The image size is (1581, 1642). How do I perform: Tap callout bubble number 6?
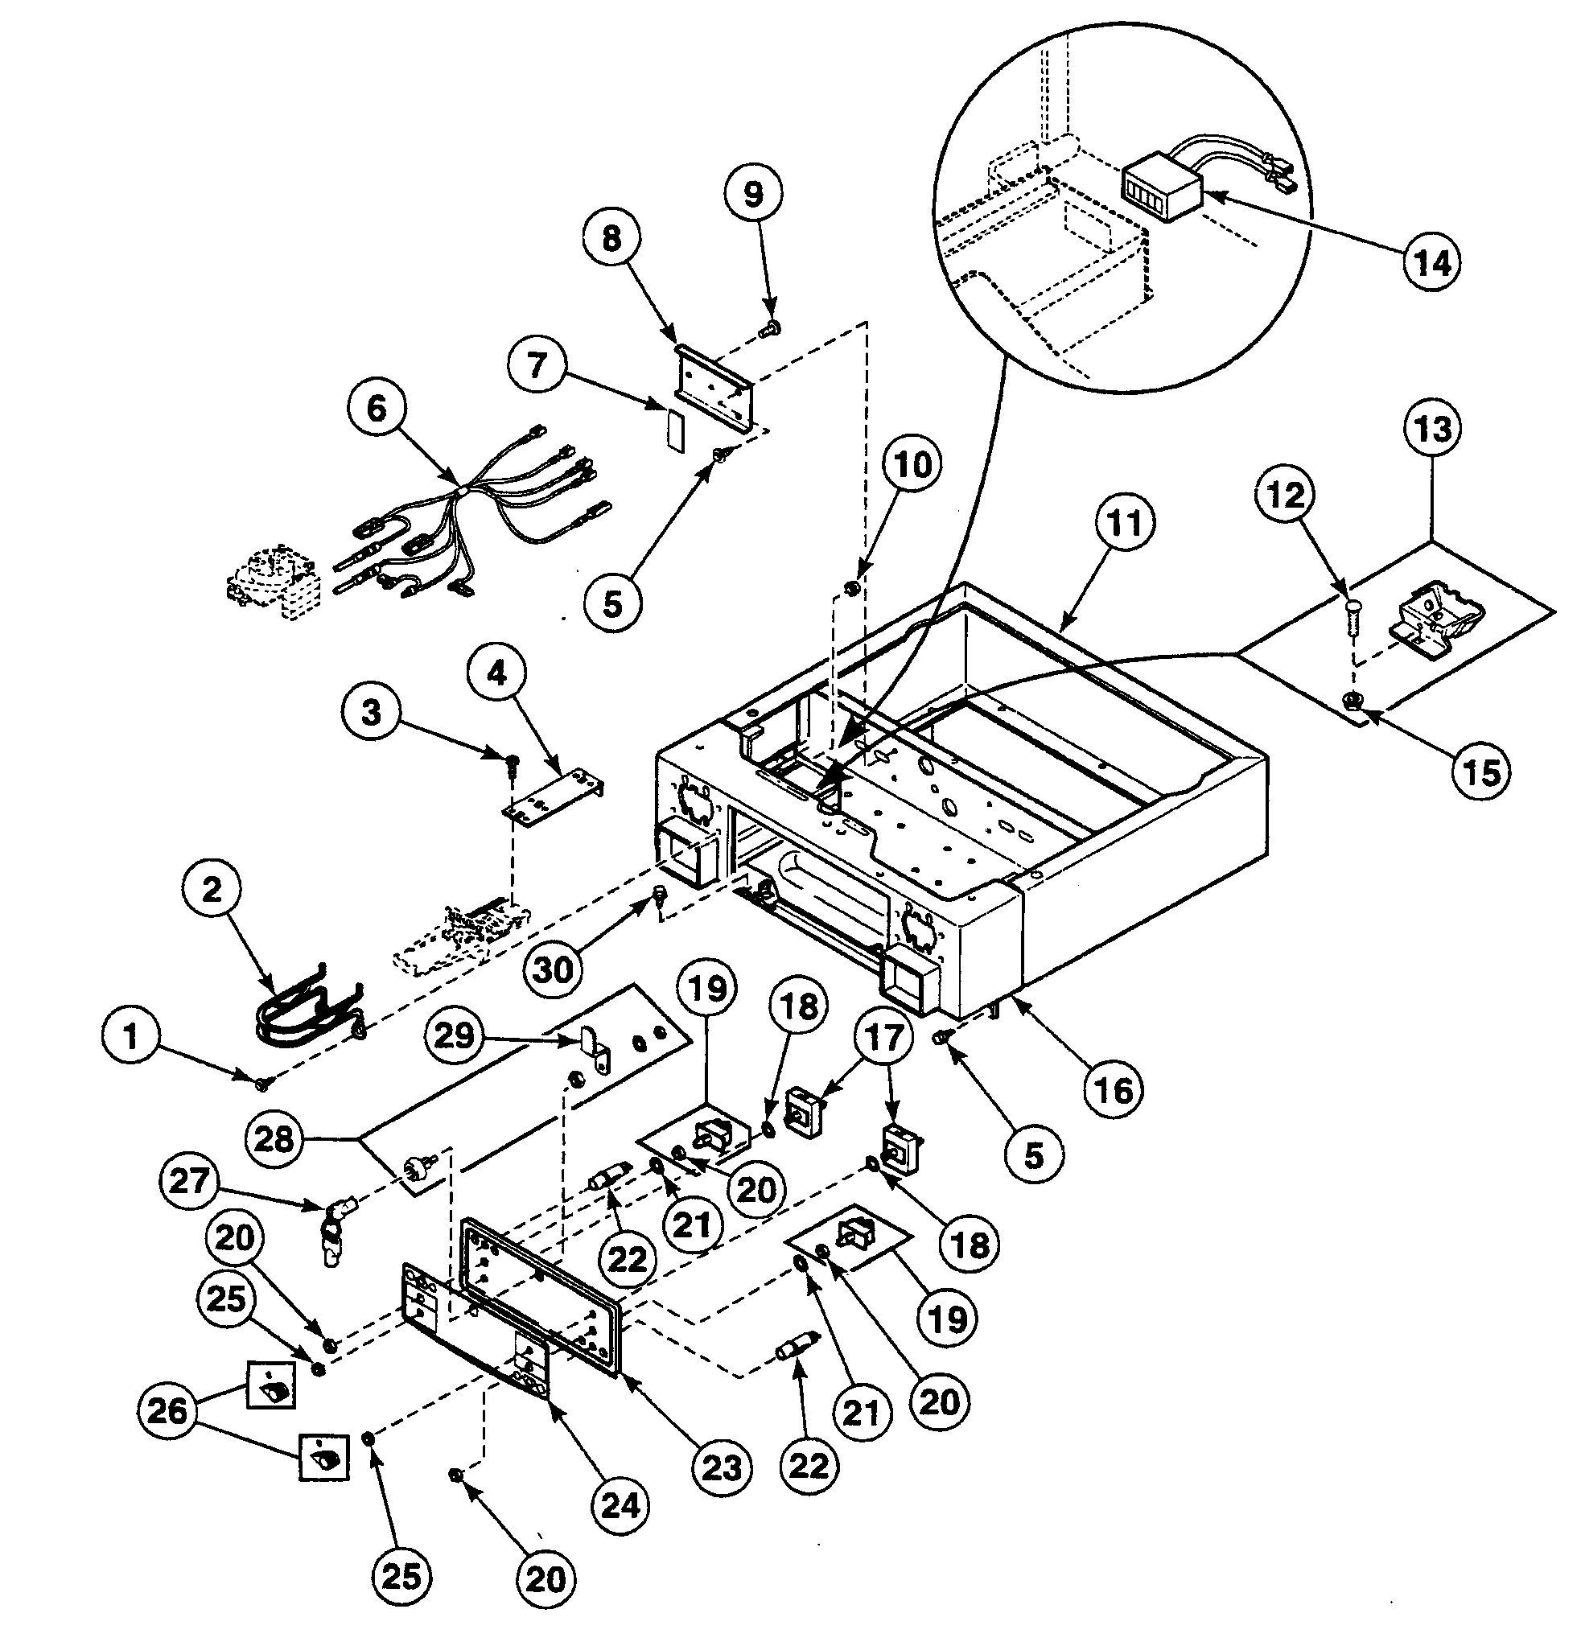(x=377, y=409)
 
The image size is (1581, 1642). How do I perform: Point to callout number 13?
(x=1432, y=428)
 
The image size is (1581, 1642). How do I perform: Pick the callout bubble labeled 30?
(x=553, y=969)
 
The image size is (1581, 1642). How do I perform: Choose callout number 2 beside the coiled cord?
(x=212, y=888)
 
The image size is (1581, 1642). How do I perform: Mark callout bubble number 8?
(x=611, y=238)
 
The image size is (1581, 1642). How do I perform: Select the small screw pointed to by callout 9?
(x=768, y=331)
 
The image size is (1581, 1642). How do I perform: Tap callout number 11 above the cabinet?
(x=1124, y=522)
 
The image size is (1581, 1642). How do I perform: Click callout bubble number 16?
(x=1114, y=1091)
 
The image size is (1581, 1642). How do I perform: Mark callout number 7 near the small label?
(x=536, y=364)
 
